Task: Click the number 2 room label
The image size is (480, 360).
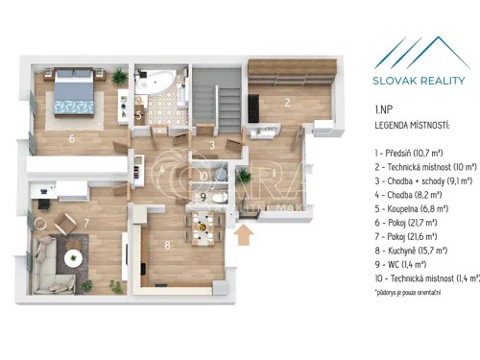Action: [286, 102]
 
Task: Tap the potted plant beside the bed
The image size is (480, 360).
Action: [118, 76]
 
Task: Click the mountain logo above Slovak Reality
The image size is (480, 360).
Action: [420, 53]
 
